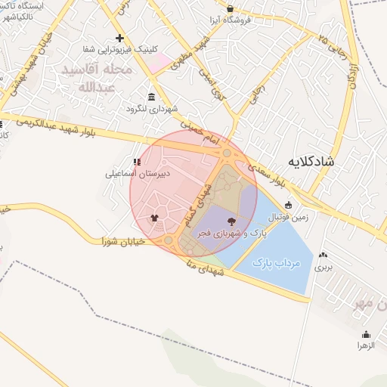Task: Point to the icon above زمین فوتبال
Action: pos(288,205)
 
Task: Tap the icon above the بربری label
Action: pos(324,255)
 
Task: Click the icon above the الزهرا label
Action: pos(367,334)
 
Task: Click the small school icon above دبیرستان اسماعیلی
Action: pos(137,162)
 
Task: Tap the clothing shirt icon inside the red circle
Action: pos(155,218)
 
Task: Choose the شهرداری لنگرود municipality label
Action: pos(152,108)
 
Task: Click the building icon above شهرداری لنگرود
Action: pos(152,97)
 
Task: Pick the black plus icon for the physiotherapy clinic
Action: pos(119,38)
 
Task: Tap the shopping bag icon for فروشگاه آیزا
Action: pos(231,9)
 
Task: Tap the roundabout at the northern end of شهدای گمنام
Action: pos(227,153)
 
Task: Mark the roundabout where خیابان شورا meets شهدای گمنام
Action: pos(169,240)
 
